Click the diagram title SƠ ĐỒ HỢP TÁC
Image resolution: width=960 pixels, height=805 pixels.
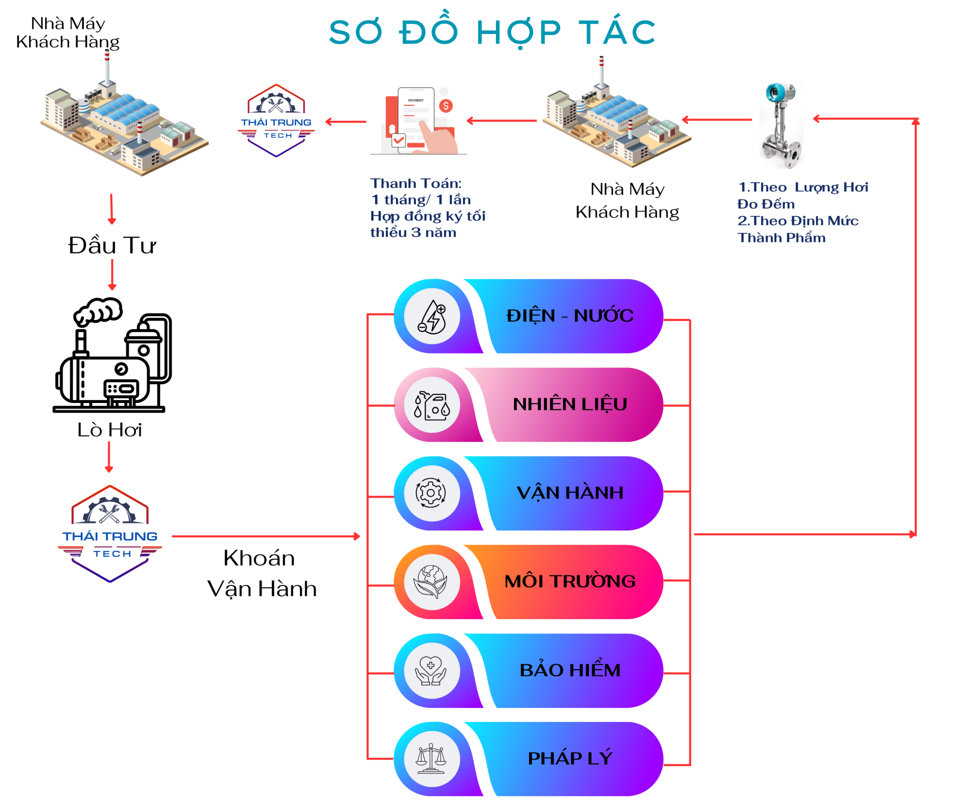tap(492, 32)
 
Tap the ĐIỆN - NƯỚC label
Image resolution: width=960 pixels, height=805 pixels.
tap(569, 315)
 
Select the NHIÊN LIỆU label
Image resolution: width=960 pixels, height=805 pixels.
tap(569, 404)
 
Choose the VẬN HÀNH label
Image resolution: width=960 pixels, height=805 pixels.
tap(569, 492)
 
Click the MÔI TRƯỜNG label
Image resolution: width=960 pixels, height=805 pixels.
tap(569, 581)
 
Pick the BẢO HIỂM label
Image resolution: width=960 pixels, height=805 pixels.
tap(569, 670)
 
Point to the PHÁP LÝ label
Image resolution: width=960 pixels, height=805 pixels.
tap(569, 758)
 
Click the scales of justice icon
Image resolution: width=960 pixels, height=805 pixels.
tap(431, 758)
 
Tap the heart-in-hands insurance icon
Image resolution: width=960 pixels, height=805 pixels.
tap(431, 670)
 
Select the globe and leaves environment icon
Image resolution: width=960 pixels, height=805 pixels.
tap(431, 581)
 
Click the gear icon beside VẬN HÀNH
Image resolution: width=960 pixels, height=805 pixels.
tap(431, 492)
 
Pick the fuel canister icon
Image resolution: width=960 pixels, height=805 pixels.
tap(431, 405)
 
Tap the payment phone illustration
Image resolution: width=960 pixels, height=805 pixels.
tap(419, 121)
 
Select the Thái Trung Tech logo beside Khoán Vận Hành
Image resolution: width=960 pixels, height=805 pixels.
tap(110, 534)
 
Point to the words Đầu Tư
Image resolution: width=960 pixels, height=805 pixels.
tap(112, 245)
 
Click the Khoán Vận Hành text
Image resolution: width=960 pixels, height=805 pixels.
tap(261, 573)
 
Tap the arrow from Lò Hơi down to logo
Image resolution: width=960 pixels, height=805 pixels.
tap(109, 457)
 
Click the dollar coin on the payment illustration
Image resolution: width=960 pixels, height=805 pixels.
tap(445, 105)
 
